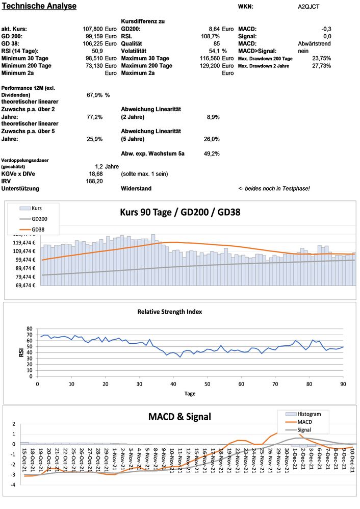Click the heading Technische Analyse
(x=39, y=6)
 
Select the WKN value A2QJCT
(x=308, y=7)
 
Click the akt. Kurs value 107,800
(x=92, y=29)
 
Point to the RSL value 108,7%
(x=211, y=37)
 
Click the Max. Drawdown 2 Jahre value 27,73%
(x=322, y=66)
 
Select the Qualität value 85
(x=216, y=44)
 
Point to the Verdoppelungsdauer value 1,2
(x=99, y=166)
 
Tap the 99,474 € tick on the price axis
(x=21, y=260)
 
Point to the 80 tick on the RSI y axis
(x=29, y=329)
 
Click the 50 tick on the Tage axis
(x=207, y=384)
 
